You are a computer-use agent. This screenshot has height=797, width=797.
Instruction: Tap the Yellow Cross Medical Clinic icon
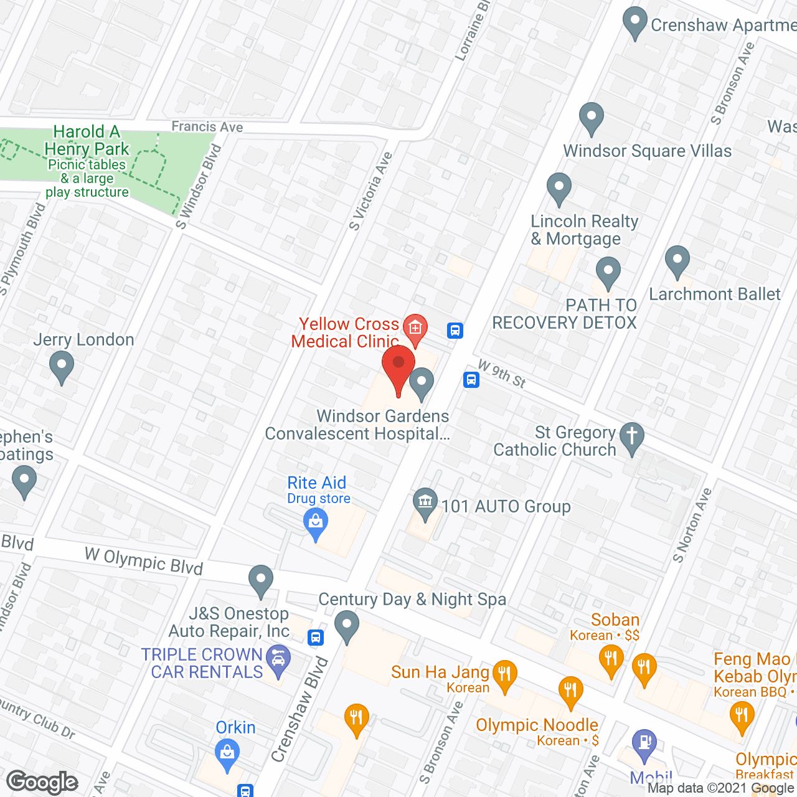click(x=415, y=328)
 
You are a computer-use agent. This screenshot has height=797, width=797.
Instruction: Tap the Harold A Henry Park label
click(x=87, y=141)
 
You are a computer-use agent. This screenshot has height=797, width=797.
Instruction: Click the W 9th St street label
click(x=502, y=374)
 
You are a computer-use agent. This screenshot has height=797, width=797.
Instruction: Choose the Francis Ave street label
click(x=207, y=127)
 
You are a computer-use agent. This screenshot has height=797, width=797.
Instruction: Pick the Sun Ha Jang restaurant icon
click(x=504, y=674)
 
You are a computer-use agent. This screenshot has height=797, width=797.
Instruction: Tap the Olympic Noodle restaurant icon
click(x=570, y=691)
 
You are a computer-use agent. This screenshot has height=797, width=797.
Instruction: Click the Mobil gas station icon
click(x=644, y=743)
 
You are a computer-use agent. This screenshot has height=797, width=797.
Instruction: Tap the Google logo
click(x=42, y=782)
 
